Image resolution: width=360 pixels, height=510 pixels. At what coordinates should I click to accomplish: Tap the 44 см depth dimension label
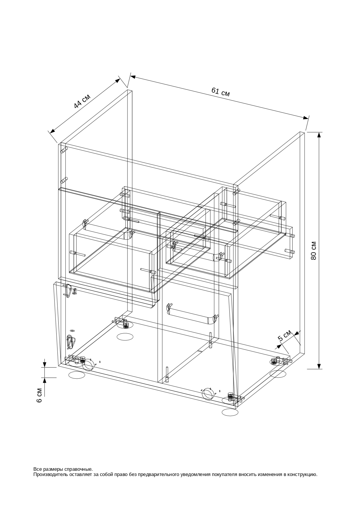point(82,101)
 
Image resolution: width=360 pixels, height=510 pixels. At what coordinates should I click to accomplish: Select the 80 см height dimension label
point(314,250)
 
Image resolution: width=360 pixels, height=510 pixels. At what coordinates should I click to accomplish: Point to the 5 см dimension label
point(285,335)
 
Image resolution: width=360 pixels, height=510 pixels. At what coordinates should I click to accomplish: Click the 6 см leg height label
point(39,395)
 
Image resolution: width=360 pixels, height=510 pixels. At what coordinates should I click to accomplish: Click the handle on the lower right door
point(192,315)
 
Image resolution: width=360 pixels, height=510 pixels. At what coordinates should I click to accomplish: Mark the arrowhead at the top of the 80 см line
point(319,135)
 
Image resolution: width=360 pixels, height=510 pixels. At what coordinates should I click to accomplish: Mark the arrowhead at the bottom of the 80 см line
point(319,366)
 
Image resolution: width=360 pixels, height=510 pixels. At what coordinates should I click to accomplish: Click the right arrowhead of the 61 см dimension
point(306,118)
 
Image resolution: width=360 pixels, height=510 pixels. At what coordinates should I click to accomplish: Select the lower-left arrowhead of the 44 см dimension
point(52,131)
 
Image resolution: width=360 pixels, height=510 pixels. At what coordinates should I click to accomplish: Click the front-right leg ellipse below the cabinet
point(230,412)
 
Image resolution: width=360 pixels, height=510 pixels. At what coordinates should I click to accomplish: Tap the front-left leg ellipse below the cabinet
point(77,375)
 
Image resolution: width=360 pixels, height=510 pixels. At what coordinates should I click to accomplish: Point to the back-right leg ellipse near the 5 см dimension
point(278,374)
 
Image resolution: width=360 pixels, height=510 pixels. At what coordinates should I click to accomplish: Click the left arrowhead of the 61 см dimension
point(133,77)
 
